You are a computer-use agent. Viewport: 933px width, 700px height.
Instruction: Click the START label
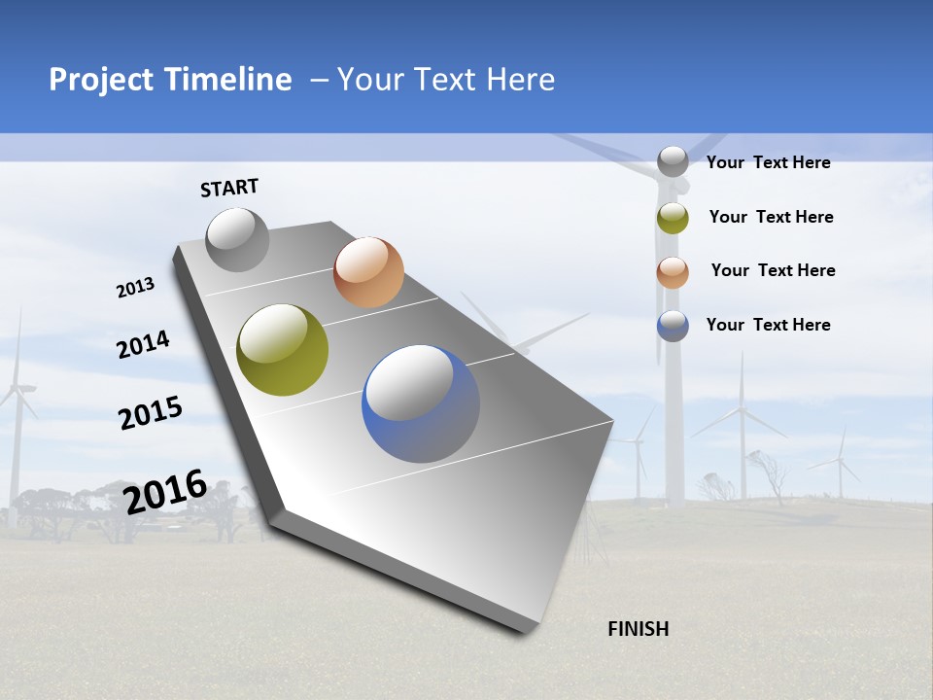pyautogui.click(x=229, y=188)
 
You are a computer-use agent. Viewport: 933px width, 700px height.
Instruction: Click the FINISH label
pyautogui.click(x=638, y=629)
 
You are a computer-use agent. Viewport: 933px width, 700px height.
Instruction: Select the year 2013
pyautogui.click(x=135, y=288)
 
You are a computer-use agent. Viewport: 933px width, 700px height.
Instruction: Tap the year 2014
pyautogui.click(x=143, y=344)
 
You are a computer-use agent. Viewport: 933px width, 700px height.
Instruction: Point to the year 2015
pyautogui.click(x=151, y=412)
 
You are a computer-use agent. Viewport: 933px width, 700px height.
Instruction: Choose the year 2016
pyautogui.click(x=165, y=492)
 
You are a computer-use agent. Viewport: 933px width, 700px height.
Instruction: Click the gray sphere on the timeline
pyautogui.click(x=238, y=240)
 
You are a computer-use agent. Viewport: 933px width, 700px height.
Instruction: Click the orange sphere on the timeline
pyautogui.click(x=368, y=272)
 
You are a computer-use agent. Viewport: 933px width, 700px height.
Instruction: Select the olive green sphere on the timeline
pyautogui.click(x=282, y=350)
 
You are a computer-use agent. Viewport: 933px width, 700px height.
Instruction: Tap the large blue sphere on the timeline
pyautogui.click(x=420, y=402)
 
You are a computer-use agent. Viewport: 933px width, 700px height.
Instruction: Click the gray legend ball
pyautogui.click(x=673, y=161)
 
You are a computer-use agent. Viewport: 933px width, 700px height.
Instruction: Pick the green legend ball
pyautogui.click(x=673, y=218)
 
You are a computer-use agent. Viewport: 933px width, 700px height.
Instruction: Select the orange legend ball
pyautogui.click(x=673, y=272)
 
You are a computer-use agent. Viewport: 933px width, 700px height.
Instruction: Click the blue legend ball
pyautogui.click(x=673, y=326)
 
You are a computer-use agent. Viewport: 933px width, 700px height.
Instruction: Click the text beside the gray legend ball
pyautogui.click(x=768, y=162)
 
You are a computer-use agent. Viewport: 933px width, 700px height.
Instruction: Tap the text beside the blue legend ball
pyautogui.click(x=768, y=325)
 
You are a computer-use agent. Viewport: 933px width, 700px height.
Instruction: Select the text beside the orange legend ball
pyautogui.click(x=773, y=270)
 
